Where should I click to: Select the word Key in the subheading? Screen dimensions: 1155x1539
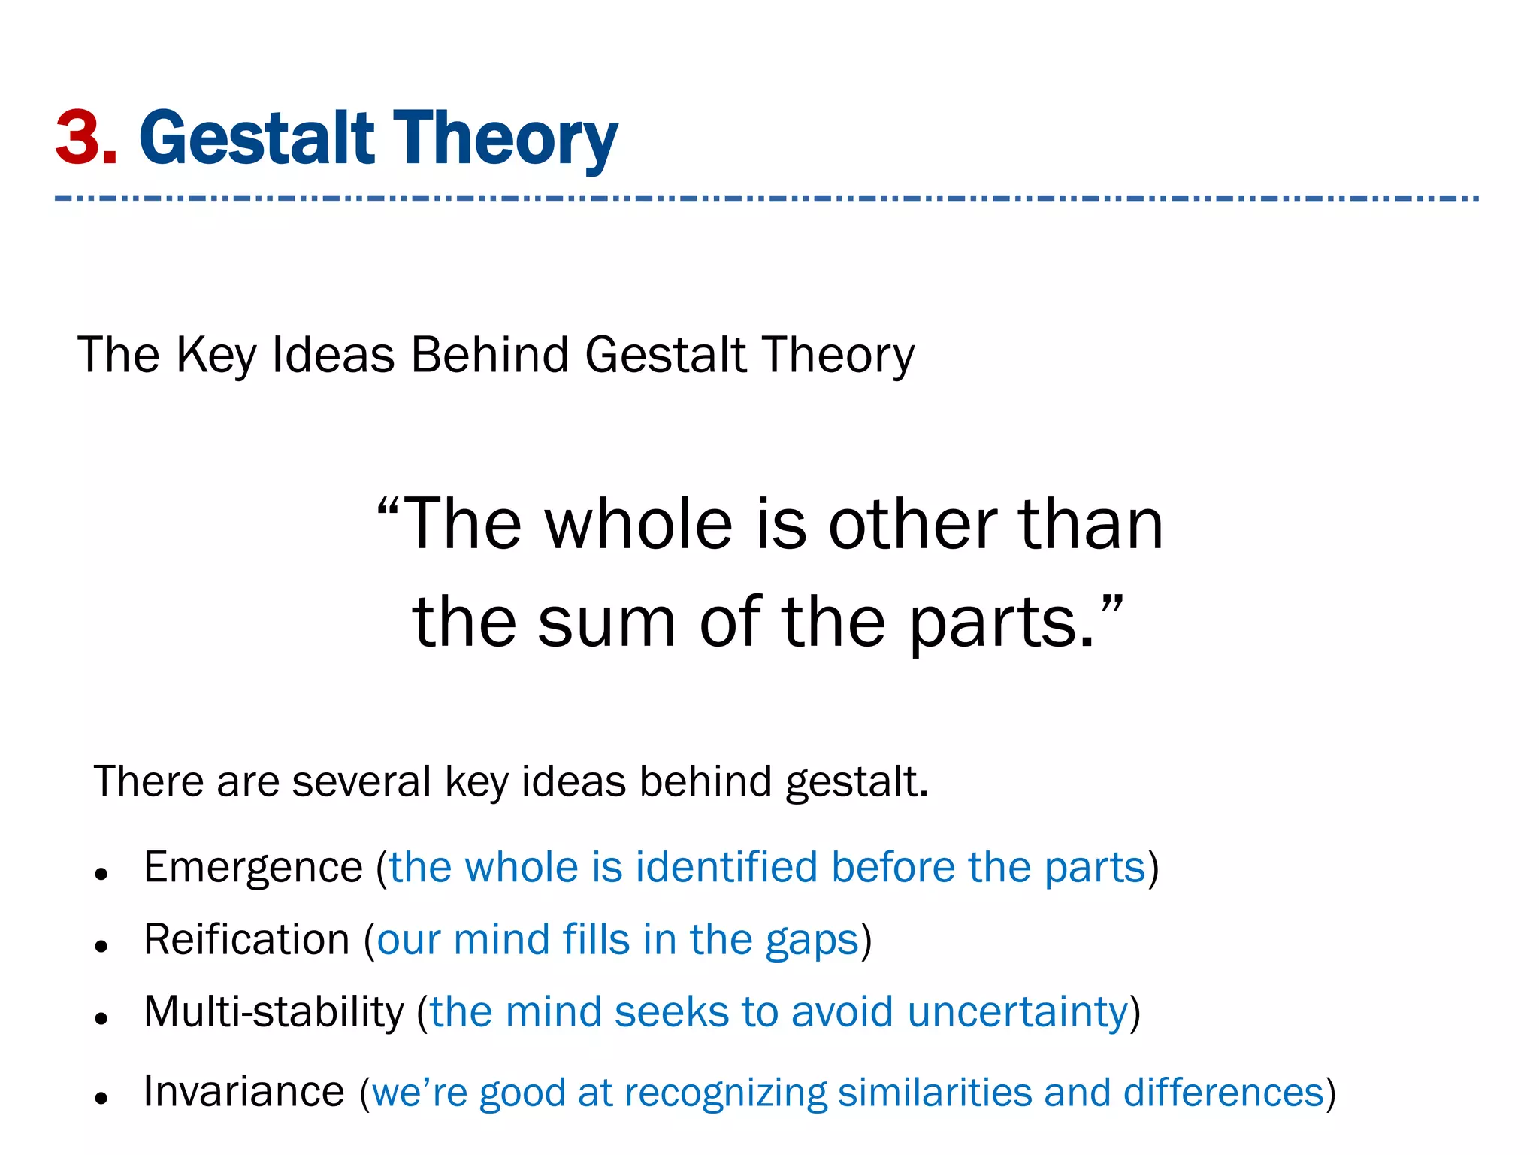tap(216, 355)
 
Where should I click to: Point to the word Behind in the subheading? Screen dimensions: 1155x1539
tap(490, 355)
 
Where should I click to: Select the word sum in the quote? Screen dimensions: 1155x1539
tap(606, 623)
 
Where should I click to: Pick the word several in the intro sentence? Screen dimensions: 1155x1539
tap(361, 781)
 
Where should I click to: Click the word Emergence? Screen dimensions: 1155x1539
tap(253, 868)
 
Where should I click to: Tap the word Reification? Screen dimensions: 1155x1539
tap(246, 940)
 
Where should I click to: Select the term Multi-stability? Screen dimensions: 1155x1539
tap(274, 1012)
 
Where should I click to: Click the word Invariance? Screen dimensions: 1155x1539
tap(243, 1092)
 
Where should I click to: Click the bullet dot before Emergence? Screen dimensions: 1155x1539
tap(102, 874)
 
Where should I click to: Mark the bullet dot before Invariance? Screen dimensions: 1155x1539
tap(102, 1098)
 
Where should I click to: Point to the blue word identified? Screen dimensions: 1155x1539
tap(726, 868)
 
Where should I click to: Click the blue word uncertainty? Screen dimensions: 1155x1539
tap(1017, 1012)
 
